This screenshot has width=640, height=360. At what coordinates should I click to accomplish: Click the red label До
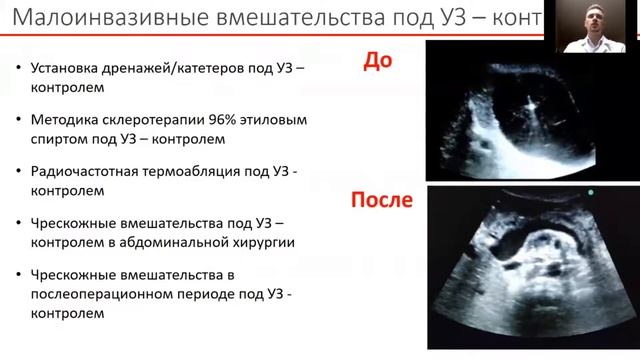click(378, 61)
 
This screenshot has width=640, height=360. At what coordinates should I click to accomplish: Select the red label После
click(380, 199)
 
